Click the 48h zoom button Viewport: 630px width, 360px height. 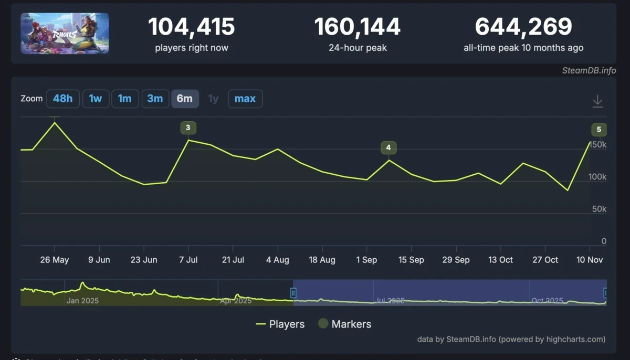coord(63,99)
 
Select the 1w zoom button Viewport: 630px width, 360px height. coord(96,99)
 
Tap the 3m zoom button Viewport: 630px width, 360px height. coord(155,99)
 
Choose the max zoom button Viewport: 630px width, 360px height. coord(245,99)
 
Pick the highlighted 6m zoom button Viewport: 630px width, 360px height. coord(185,99)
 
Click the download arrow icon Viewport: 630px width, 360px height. coord(597,101)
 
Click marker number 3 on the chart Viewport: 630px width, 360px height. coord(188,128)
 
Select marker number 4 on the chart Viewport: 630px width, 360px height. coord(388,147)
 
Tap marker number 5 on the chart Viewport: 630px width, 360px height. coord(599,130)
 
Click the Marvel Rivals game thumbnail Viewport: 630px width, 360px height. coord(65,34)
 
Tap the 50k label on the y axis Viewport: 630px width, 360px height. coord(596,209)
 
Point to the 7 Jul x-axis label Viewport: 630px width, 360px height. coord(188,260)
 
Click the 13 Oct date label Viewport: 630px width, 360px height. coord(500,260)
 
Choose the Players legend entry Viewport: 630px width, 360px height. coord(280,324)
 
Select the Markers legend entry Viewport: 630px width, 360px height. coord(345,324)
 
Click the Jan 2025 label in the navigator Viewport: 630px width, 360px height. coord(82,301)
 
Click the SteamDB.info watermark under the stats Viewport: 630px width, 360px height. coord(588,71)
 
